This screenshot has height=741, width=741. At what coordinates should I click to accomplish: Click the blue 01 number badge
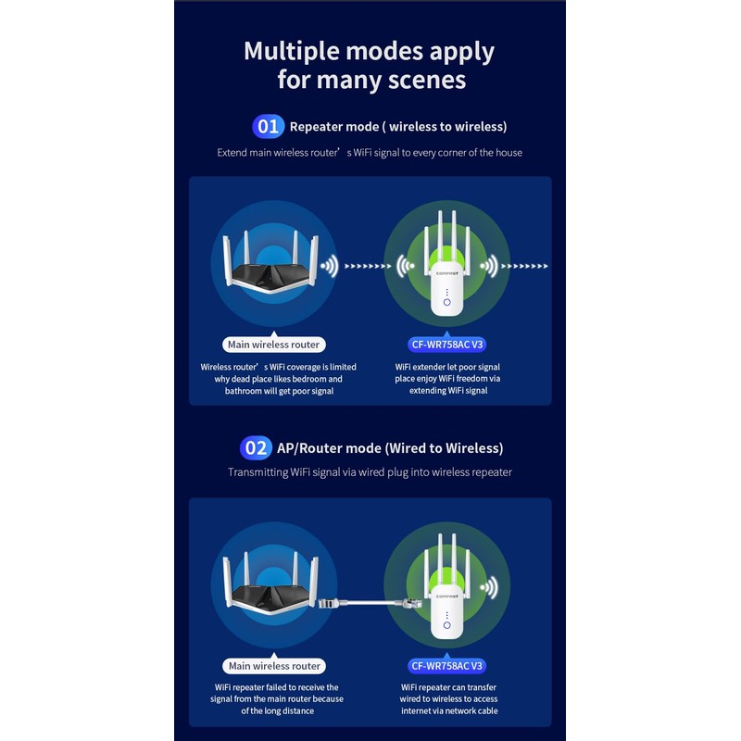tap(268, 126)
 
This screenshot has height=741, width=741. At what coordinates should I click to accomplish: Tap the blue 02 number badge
tap(256, 448)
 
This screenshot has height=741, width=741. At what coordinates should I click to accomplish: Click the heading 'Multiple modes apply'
tap(369, 50)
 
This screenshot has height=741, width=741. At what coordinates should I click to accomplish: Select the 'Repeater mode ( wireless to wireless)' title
tap(398, 126)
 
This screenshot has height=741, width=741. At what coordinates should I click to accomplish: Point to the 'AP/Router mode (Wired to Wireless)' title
tap(390, 448)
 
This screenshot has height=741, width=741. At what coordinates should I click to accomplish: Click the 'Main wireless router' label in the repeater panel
tap(273, 345)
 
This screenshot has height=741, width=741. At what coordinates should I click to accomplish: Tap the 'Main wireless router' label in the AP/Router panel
tap(273, 666)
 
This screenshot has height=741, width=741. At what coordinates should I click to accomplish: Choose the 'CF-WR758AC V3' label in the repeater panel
tap(447, 345)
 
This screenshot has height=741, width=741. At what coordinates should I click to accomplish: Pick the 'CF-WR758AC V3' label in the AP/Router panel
tap(447, 666)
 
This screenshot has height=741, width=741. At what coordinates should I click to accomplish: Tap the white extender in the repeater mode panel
tap(446, 278)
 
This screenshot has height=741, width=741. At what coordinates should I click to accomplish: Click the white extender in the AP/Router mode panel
tap(446, 602)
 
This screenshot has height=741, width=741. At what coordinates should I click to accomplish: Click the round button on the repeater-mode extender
tap(446, 302)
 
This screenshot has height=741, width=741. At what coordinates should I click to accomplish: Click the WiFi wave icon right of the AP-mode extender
tap(488, 587)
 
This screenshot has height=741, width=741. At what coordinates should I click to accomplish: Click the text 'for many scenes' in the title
tap(371, 80)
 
